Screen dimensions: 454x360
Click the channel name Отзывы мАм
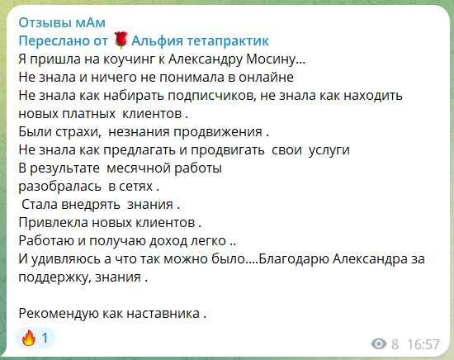tap(62, 22)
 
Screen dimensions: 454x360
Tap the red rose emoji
tap(121, 40)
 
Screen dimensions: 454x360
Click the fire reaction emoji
tap(29, 338)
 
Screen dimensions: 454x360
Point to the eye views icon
tap(379, 344)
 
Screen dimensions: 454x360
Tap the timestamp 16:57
tap(423, 344)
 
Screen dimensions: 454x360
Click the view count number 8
tap(395, 344)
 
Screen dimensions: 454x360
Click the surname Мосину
tap(271, 59)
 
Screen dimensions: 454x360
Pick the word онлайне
tap(266, 77)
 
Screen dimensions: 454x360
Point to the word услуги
tap(329, 150)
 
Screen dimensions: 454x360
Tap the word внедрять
tap(91, 205)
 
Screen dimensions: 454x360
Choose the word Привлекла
tap(54, 223)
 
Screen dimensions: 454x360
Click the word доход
tap(168, 241)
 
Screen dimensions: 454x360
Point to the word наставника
tap(163, 314)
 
